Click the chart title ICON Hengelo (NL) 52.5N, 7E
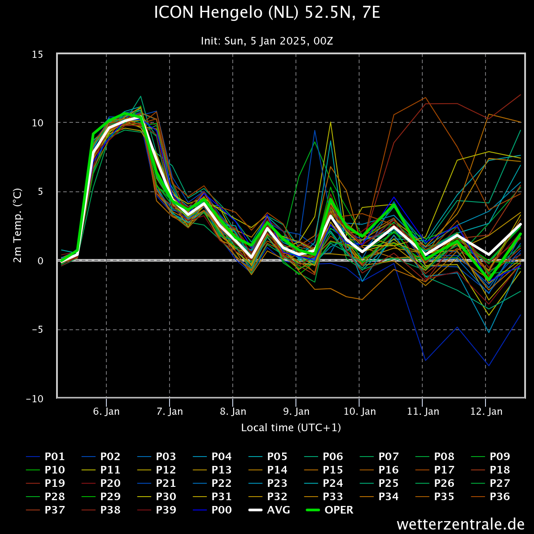(267, 12)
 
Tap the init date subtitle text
(267, 41)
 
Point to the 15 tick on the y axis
(37, 55)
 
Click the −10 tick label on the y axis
(35, 399)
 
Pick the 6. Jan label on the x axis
(106, 412)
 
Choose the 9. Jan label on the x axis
(296, 412)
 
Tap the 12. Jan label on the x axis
(486, 412)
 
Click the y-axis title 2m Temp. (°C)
(17, 225)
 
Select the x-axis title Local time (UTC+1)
(291, 428)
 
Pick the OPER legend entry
(330, 510)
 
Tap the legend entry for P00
(212, 510)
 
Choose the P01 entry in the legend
(45, 457)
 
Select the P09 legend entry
(490, 457)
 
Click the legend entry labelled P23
(268, 483)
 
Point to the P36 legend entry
(490, 496)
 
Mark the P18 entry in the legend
(490, 470)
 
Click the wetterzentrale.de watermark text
(461, 524)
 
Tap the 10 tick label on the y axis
(37, 123)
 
